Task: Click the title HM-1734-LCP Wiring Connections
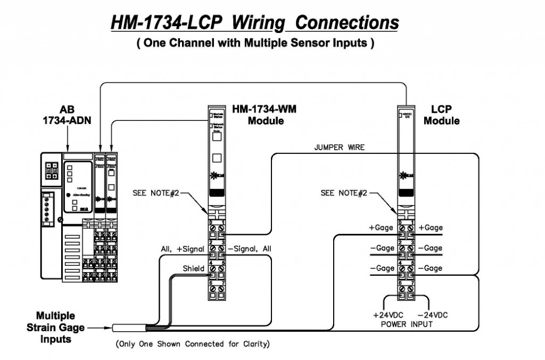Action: click(254, 23)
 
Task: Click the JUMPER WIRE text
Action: click(339, 148)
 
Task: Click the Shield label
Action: click(194, 269)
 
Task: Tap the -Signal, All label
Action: click(249, 248)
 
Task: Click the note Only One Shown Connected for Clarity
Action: click(193, 344)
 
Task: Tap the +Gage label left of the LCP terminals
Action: click(381, 227)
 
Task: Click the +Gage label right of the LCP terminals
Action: click(430, 227)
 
